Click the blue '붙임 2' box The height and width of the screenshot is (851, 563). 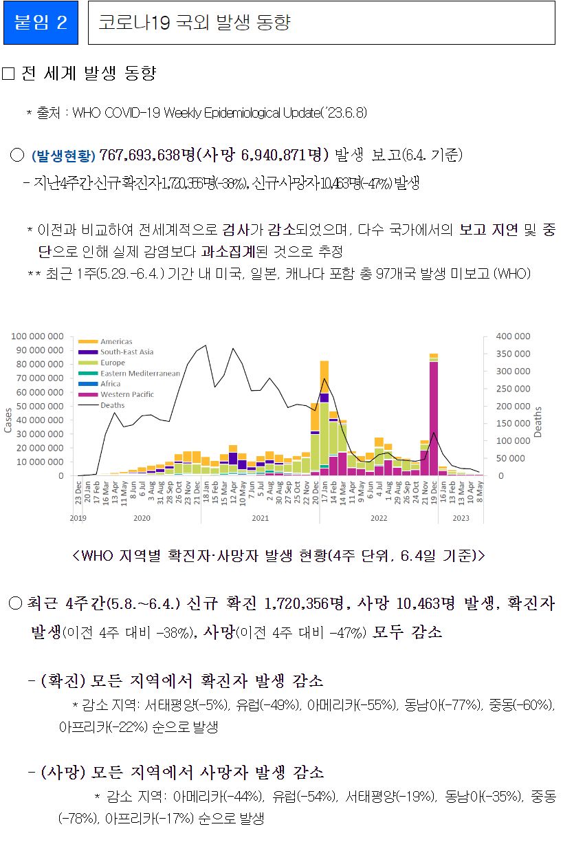(41, 23)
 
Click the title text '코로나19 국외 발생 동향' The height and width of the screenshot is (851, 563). (195, 23)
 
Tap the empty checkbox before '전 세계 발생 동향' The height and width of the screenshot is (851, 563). (8, 74)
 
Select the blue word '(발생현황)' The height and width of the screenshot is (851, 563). (64, 155)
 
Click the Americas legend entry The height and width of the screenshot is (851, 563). (115, 341)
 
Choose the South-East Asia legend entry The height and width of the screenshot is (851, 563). (126, 352)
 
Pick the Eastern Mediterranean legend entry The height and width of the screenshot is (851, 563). (140, 374)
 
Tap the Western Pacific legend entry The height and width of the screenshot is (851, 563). (126, 395)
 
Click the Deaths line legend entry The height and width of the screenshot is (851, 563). (112, 405)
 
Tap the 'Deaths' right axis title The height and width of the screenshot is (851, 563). (538, 422)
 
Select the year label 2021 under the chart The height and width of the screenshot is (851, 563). (259, 517)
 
